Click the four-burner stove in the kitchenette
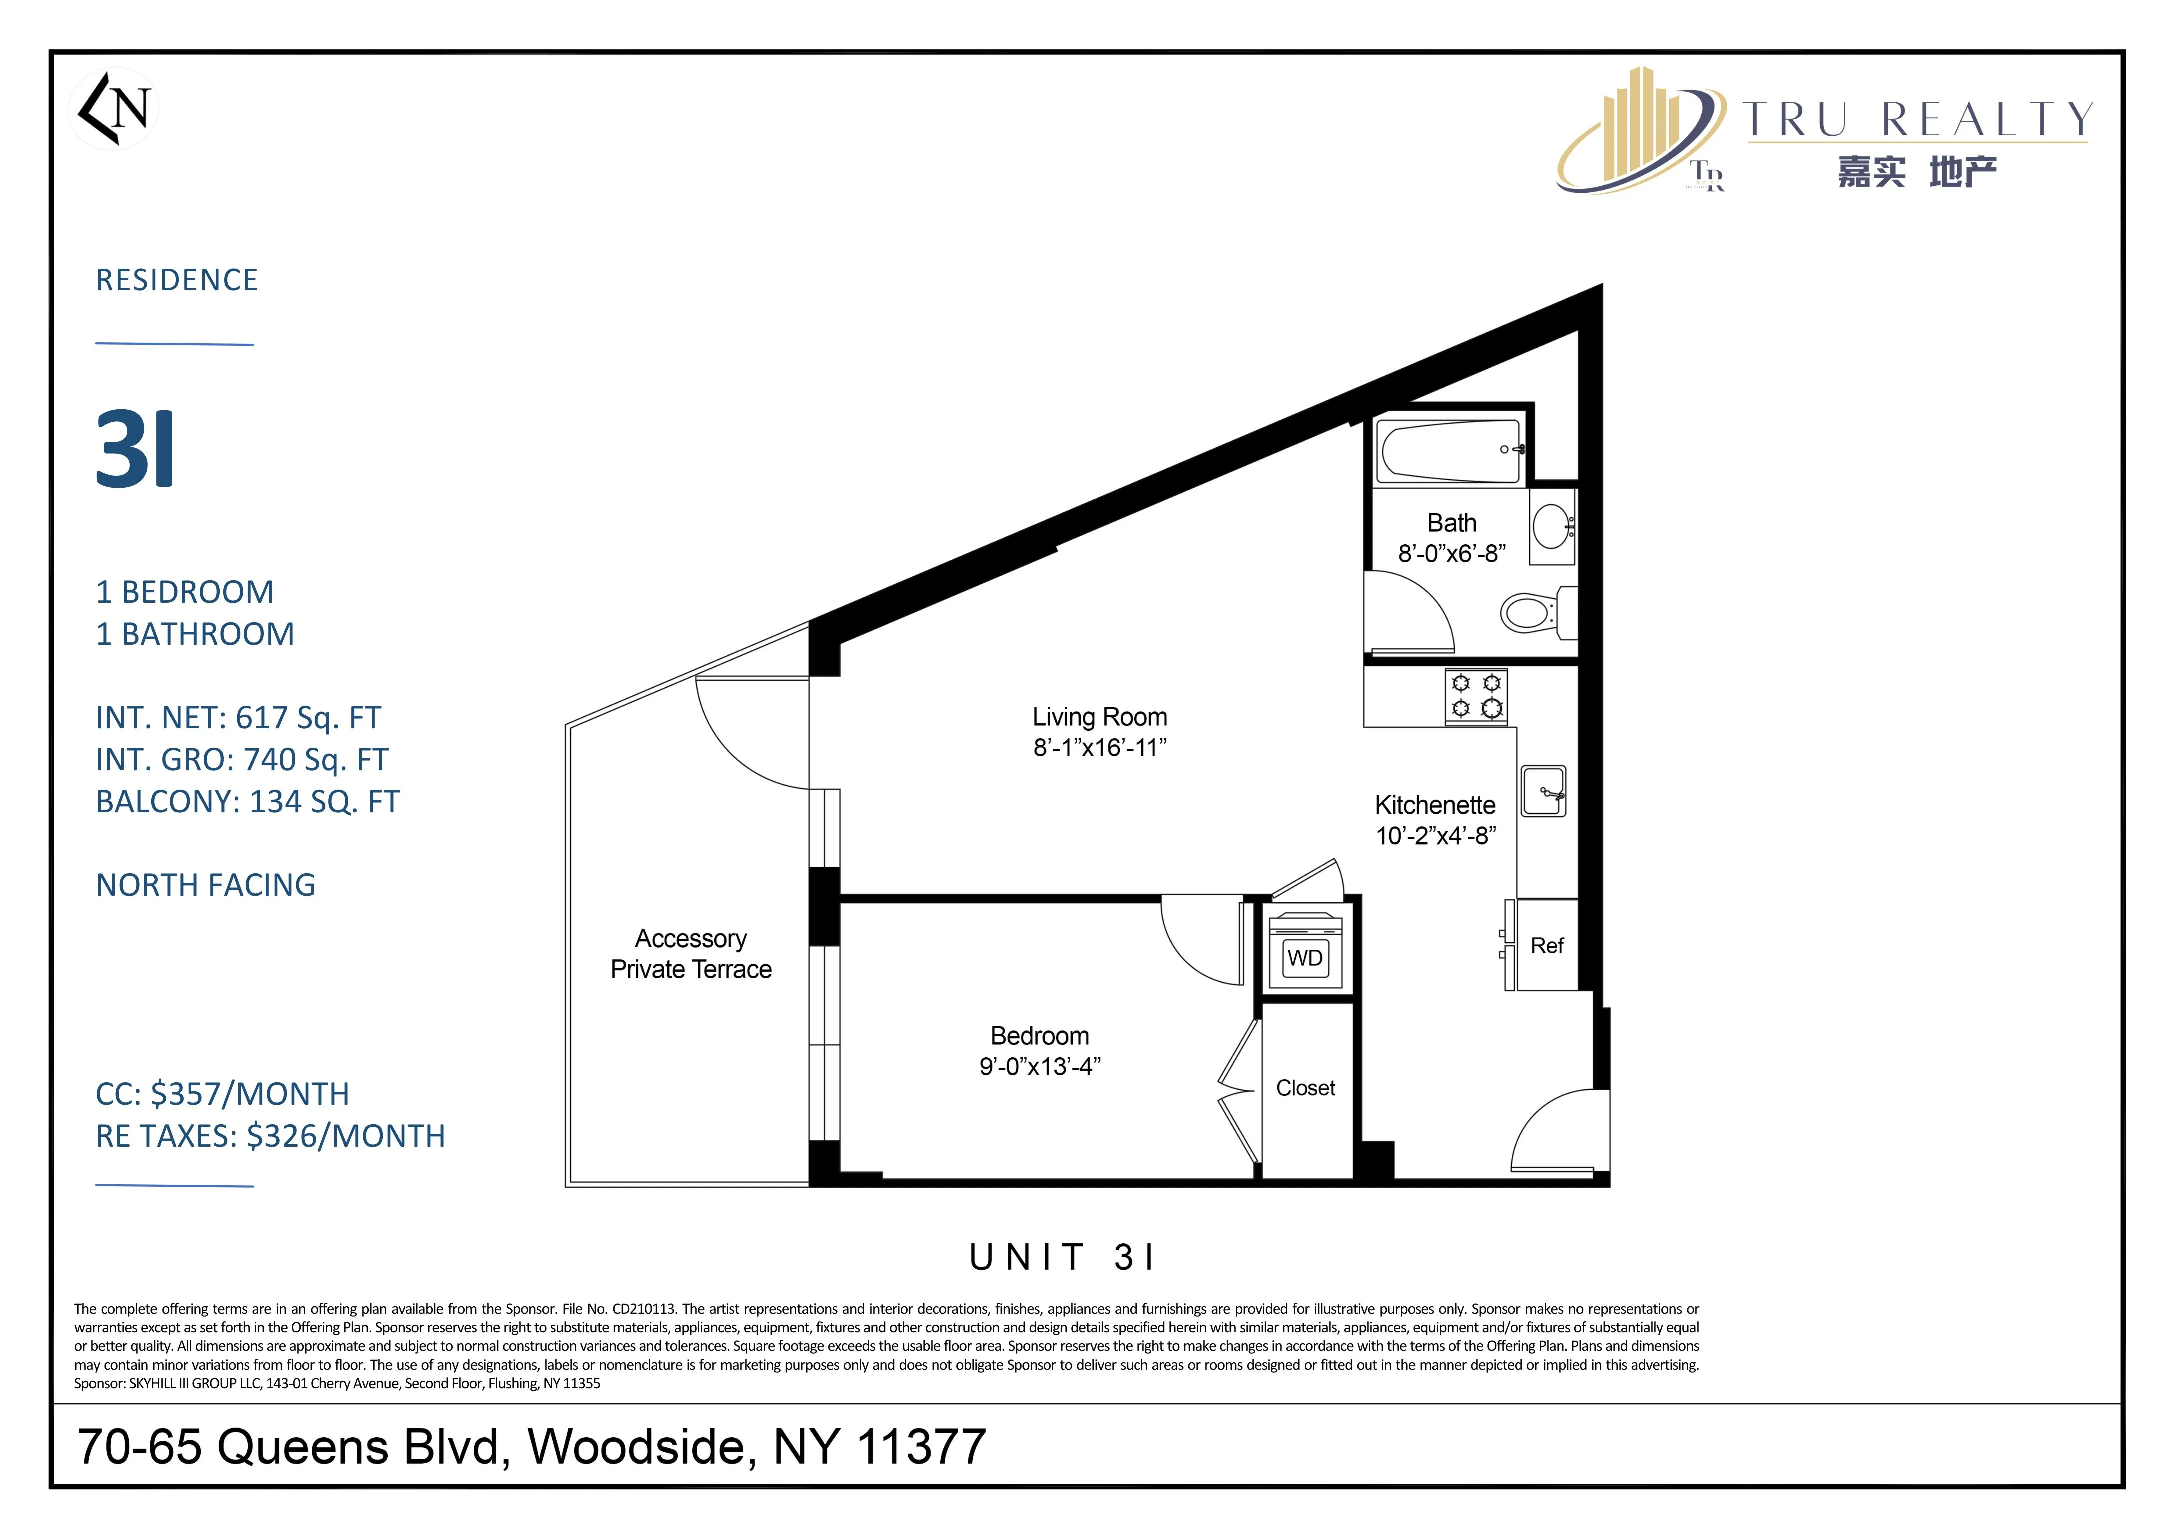1476,696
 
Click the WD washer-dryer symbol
1305,958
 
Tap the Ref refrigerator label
1546,946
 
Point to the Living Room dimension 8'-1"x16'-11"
1099,748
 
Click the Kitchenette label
1435,805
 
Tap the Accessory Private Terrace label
691,953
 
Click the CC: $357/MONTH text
222,1094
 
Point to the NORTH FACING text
205,885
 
